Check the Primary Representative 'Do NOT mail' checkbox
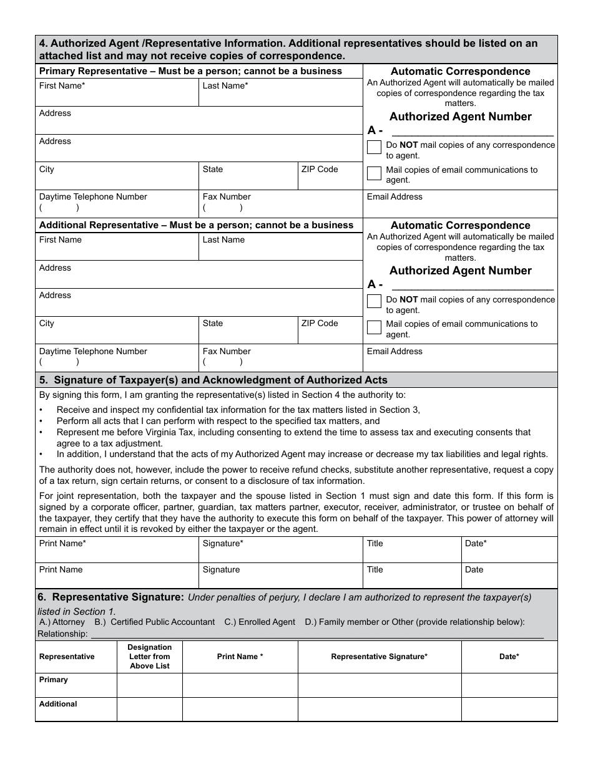[375, 148]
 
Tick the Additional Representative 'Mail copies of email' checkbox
[375, 327]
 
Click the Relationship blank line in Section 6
[316, 634]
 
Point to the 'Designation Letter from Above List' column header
[149, 657]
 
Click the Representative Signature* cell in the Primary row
[379, 685]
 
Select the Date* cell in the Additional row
[509, 709]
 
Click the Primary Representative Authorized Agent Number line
[472, 131]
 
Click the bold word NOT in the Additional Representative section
[409, 299]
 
